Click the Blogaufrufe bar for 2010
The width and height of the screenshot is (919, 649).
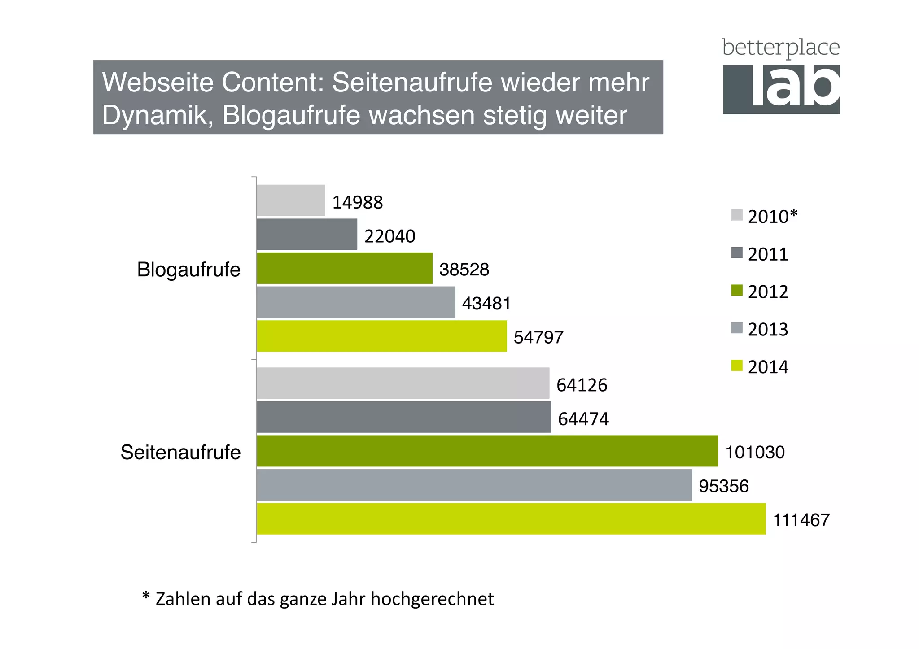point(291,200)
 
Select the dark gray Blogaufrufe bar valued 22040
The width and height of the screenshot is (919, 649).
point(307,234)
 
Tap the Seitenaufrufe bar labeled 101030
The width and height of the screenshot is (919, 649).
point(487,451)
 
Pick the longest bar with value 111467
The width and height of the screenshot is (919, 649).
point(511,519)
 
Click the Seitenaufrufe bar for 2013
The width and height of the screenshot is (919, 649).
point(474,485)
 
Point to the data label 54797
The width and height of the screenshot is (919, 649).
point(538,337)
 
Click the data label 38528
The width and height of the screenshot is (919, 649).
point(464,270)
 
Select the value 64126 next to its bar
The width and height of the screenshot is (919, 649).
point(582,385)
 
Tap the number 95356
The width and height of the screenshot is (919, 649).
point(723,486)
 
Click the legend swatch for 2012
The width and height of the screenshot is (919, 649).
point(736,291)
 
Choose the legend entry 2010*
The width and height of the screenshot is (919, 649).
point(772,217)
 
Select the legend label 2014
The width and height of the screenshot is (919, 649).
point(768,367)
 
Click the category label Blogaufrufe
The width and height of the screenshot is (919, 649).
point(188,270)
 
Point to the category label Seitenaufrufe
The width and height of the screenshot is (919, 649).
point(180,452)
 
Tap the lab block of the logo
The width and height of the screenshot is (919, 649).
point(781,89)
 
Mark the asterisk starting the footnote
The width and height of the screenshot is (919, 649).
point(145,596)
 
